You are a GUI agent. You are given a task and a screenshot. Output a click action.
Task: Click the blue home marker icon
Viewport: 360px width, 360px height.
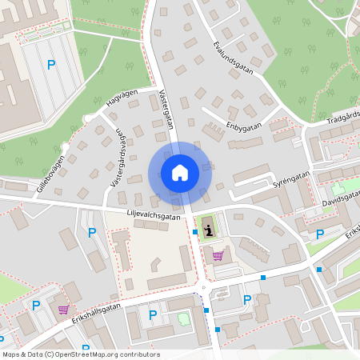click(179, 173)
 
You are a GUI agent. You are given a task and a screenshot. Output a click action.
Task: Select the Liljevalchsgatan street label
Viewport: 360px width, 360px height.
click(154, 214)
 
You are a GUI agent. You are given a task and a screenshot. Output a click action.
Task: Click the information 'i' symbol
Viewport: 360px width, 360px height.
click(209, 230)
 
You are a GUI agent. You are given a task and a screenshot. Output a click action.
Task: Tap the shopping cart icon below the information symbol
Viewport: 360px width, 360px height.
click(218, 256)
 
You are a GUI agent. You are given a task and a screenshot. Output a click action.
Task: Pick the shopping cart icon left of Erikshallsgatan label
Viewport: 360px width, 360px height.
click(63, 310)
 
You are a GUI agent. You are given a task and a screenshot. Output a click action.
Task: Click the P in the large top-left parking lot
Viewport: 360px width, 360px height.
click(51, 65)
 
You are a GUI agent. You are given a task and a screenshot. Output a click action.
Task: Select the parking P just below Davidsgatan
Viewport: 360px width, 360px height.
click(320, 234)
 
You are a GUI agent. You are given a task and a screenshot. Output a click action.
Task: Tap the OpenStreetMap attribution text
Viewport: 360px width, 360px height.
click(81, 354)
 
